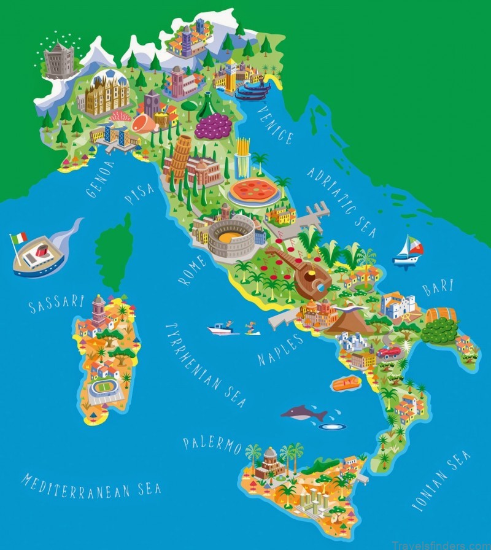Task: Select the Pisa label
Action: pos(139,193)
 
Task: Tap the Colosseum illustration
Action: pos(231,238)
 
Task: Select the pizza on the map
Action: pos(253,190)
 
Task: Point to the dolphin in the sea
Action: pos(304,414)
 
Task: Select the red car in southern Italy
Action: pos(389,352)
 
